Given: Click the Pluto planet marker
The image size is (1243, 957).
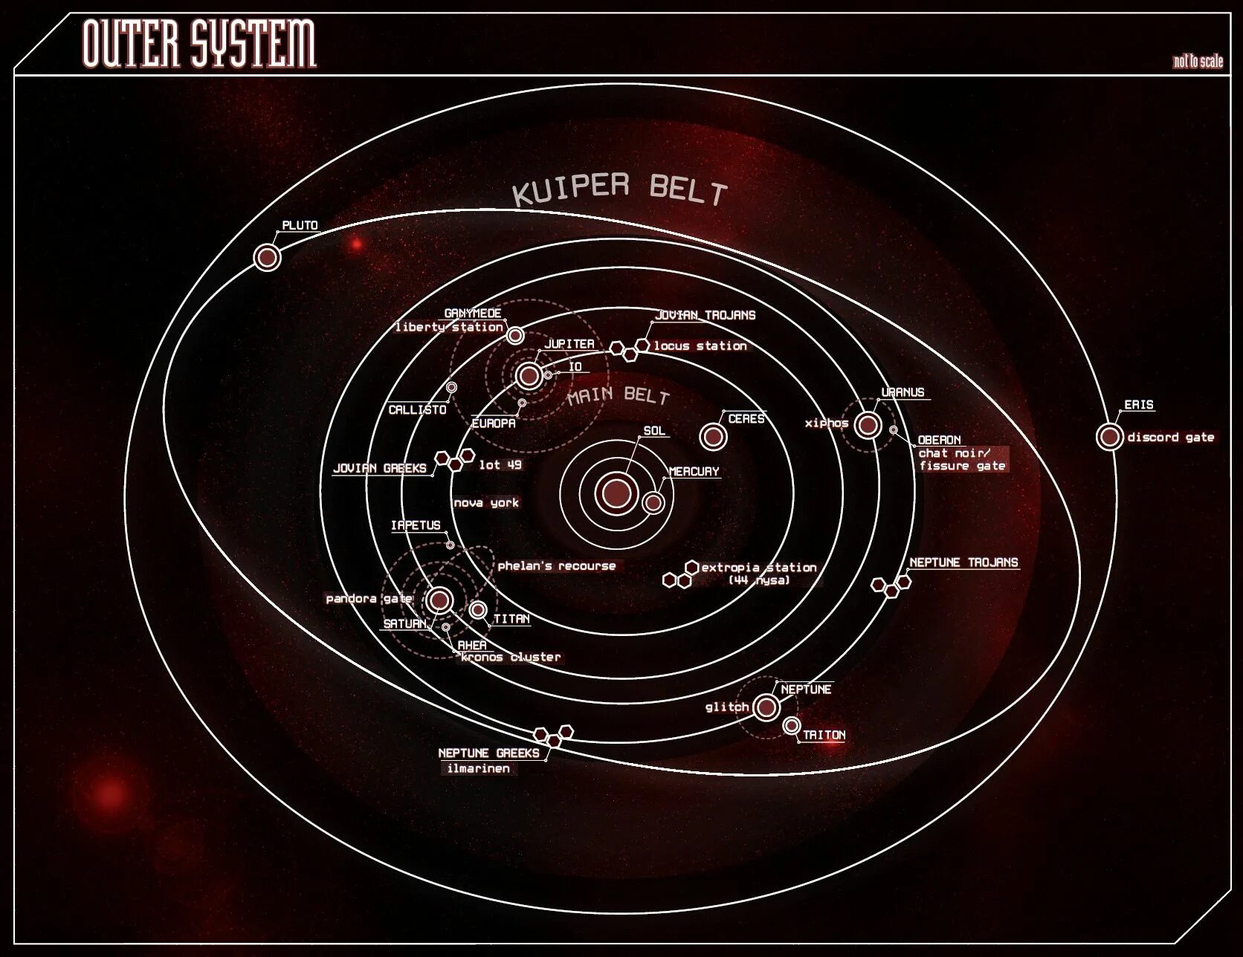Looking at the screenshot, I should coord(267,258).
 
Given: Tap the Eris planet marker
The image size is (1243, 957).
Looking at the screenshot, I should coord(1109,437).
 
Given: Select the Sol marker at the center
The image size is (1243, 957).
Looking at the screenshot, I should coord(616,492).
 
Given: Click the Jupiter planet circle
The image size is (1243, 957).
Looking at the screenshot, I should coord(529,376).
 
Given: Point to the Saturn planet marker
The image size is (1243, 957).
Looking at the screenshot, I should coord(439,600).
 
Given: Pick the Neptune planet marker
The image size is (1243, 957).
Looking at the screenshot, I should coord(766,707).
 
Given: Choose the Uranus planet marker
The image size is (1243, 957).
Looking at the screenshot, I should coord(868,425).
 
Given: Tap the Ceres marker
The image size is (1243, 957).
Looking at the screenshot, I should coord(713,436).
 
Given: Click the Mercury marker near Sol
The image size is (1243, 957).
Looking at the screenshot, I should coord(653,503).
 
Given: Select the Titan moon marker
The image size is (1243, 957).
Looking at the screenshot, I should coord(478,610).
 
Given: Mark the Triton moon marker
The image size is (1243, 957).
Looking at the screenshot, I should coord(792,726).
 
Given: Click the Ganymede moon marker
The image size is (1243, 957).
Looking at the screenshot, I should coord(515,336).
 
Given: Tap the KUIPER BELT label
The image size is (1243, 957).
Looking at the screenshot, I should coord(619,189).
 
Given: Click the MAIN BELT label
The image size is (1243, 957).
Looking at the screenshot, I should coord(618,395).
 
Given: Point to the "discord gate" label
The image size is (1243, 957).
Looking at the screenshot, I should coord(1170,438).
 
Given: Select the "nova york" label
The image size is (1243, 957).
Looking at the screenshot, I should coord(486,503).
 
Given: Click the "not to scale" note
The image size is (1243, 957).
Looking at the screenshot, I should coord(1197,62).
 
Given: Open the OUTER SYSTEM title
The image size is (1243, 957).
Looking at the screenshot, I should coord(199,44).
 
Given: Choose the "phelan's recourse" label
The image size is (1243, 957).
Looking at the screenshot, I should coord(557,566).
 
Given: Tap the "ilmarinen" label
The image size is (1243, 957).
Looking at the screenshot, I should coord(479,769).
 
